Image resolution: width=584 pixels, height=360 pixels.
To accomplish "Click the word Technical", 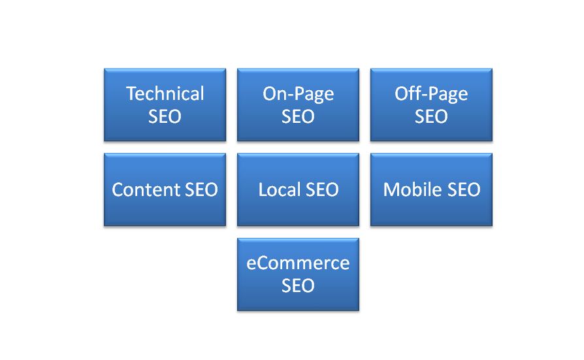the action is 165,93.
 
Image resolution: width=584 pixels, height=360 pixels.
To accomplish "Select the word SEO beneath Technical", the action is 165,117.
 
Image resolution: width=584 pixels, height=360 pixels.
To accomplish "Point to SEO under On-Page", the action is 298,117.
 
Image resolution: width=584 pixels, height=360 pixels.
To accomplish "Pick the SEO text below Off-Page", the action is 431,117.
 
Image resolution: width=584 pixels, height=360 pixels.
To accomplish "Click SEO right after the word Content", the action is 201,189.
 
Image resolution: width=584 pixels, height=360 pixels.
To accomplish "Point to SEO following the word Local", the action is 322,189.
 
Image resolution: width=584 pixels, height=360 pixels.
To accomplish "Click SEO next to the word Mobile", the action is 464,189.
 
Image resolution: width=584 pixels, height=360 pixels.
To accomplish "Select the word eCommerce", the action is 298,263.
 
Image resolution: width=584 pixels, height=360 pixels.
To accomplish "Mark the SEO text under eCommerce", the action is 298,286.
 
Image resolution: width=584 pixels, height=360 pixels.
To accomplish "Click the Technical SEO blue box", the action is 165,105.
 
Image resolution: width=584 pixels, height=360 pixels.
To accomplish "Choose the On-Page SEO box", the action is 299,105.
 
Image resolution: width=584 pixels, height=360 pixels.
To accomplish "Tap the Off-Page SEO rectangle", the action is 431,105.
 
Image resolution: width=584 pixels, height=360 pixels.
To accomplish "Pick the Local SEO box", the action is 299,189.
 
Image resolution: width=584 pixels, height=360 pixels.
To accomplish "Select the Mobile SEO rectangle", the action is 431,189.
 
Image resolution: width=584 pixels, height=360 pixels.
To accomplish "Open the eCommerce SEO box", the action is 299,274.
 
